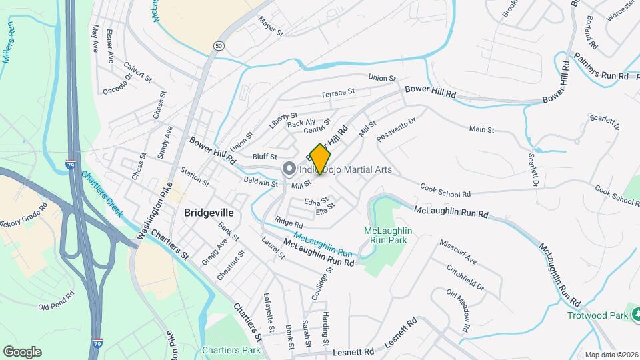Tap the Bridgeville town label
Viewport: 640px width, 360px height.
coord(209,213)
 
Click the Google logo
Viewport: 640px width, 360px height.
coord(22,351)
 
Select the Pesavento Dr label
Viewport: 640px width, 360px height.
coord(396,129)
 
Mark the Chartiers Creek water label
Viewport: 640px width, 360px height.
coord(102,193)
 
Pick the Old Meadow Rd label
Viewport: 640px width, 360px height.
coord(463,307)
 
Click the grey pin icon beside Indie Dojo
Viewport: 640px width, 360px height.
coord(289,169)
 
